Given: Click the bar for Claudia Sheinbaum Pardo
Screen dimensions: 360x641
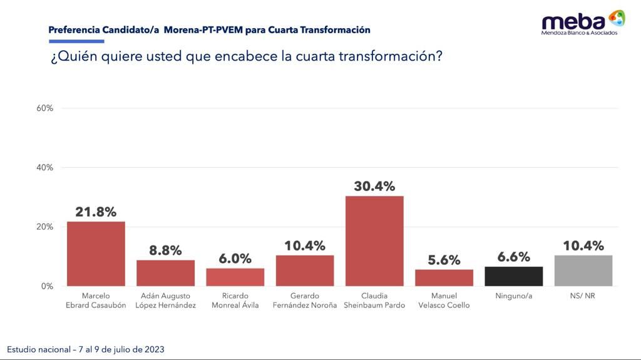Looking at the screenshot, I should point(374,241).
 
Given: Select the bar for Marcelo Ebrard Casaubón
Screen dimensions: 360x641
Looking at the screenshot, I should point(96,254).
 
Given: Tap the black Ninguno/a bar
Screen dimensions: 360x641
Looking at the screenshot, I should point(514,276).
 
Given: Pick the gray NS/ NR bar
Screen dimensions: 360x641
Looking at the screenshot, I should point(583,270).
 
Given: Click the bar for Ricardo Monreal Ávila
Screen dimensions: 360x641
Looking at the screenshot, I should point(235,277).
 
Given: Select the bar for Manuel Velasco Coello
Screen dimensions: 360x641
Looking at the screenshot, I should point(444,277).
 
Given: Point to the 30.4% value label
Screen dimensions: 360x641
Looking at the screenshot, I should point(374,187).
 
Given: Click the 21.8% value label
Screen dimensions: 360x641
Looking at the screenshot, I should point(96,212).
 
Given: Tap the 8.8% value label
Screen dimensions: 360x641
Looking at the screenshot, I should point(165,250).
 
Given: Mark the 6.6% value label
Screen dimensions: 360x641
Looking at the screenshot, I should point(514,257).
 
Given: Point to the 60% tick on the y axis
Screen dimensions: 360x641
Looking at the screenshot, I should point(45,108).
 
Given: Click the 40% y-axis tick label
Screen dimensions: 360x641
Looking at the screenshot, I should point(45,168).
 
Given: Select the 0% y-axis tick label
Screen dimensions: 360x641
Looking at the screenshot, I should point(48,286).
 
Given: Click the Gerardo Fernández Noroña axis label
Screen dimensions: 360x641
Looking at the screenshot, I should point(305,301).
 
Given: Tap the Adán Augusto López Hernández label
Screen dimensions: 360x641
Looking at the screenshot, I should point(165,301).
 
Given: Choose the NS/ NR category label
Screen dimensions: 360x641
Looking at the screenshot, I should point(583,296).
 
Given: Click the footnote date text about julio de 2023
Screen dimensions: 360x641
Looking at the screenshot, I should point(86,349).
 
